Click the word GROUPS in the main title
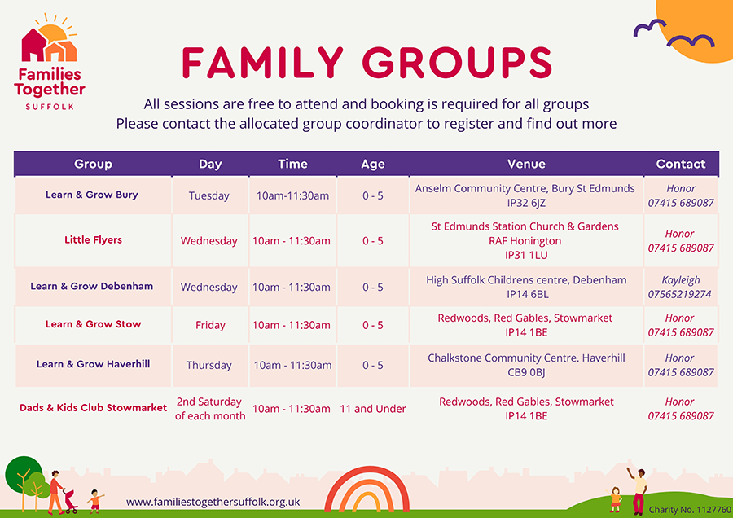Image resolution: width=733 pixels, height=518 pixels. pyautogui.click(x=457, y=63)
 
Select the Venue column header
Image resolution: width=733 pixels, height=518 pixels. pyautogui.click(x=526, y=164)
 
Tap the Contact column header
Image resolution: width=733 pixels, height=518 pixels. pyautogui.click(x=680, y=164)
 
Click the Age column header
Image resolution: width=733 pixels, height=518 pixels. pyautogui.click(x=372, y=164)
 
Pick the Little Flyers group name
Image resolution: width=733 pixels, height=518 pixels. pyautogui.click(x=93, y=240)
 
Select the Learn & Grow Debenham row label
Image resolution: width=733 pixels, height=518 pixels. pyautogui.click(x=92, y=286)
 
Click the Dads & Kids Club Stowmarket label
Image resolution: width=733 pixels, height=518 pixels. pyautogui.click(x=93, y=407)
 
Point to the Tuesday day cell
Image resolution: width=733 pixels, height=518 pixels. pyautogui.click(x=209, y=195)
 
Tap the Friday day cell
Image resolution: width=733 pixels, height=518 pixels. pyautogui.click(x=210, y=325)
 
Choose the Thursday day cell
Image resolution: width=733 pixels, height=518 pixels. pyautogui.click(x=209, y=365)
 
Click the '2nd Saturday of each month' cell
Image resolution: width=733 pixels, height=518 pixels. pyautogui.click(x=210, y=409)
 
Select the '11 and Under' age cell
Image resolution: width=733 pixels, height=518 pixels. pyautogui.click(x=373, y=409)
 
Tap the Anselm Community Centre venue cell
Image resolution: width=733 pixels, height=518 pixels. pyautogui.click(x=525, y=195)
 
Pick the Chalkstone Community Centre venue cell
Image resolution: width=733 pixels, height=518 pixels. pyautogui.click(x=526, y=365)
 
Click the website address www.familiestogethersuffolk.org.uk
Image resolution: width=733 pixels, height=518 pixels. pyautogui.click(x=213, y=502)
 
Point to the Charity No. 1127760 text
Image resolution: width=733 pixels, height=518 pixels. pyautogui.click(x=689, y=510)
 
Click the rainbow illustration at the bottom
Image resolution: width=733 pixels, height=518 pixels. pyautogui.click(x=367, y=492)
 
